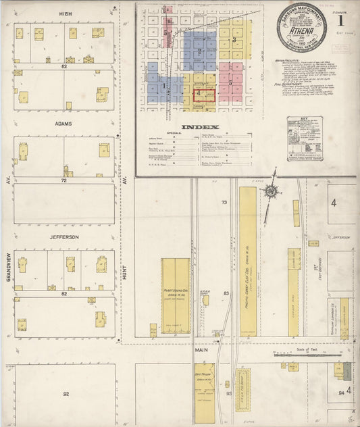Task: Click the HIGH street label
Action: point(65,13)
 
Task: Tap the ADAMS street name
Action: point(65,124)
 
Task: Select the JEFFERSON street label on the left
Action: point(65,236)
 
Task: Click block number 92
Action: point(66,393)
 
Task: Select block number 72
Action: point(65,182)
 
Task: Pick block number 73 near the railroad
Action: point(224,203)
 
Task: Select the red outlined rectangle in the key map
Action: point(204,97)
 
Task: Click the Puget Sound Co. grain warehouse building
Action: point(175,296)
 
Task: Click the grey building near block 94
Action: point(346,370)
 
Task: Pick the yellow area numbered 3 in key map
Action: point(234,41)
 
